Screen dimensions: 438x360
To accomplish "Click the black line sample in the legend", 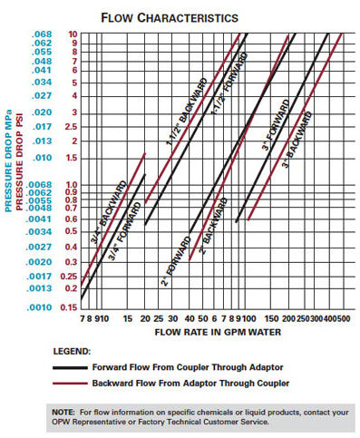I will tap(72, 368).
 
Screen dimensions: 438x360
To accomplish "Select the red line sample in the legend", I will tap(72, 384).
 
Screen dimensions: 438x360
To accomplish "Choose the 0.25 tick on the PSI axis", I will tap(63, 277).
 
